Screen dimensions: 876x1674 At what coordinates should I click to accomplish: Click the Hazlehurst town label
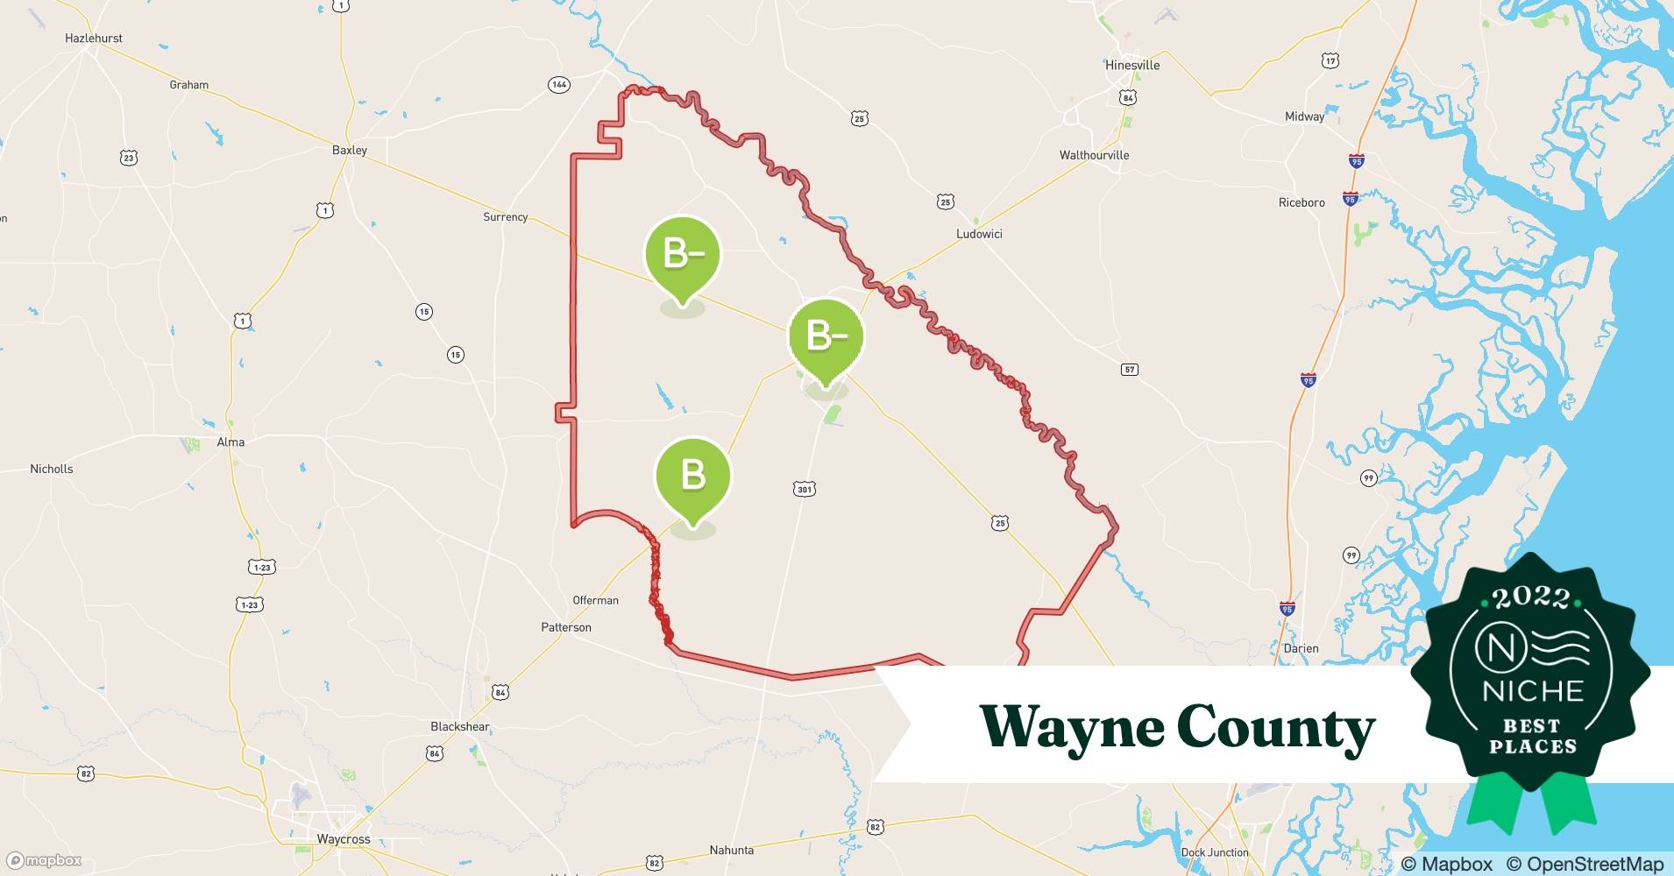94,39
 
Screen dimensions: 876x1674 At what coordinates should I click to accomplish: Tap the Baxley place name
350,150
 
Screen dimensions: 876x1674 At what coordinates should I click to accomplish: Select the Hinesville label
1132,65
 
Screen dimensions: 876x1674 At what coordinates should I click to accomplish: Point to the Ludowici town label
979,234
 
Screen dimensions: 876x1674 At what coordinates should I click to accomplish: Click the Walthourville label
1094,155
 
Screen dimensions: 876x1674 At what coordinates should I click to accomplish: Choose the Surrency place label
506,216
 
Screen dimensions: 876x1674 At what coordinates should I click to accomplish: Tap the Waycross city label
344,839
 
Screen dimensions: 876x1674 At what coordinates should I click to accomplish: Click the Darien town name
1301,648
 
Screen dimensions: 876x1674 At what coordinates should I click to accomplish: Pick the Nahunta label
731,850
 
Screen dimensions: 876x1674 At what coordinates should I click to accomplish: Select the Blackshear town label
460,726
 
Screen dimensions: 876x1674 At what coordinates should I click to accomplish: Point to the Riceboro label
1302,202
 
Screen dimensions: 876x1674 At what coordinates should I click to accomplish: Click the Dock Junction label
1215,852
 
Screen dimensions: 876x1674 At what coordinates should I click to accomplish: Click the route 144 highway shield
559,85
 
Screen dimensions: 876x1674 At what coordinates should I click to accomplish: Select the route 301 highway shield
805,489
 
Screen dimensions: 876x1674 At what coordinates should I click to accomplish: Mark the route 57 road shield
1130,370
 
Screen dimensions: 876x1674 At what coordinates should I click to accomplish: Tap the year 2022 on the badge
1532,597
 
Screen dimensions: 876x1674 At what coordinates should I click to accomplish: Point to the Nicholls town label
52,469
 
